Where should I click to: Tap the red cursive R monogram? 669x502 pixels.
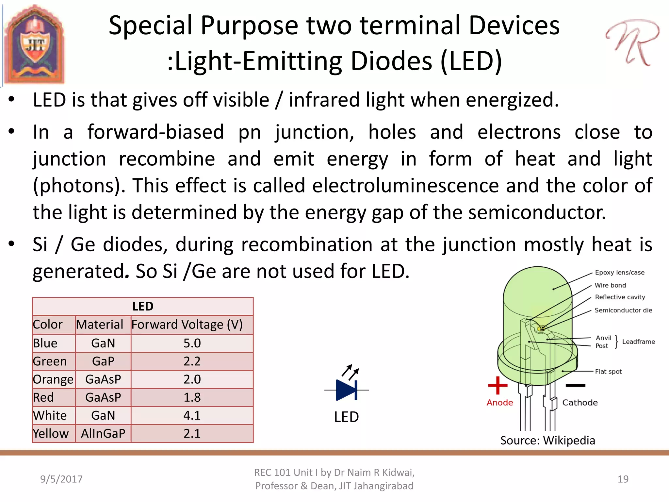(632, 42)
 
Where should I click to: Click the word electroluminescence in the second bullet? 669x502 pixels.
(405, 186)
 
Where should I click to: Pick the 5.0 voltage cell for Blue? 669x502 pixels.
(192, 343)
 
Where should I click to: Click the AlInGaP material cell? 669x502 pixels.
(103, 433)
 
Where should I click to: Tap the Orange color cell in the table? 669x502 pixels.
(53, 379)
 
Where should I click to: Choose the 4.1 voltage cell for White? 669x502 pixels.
(192, 415)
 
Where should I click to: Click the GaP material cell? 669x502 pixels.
(103, 361)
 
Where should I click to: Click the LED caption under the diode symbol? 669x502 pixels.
(346, 417)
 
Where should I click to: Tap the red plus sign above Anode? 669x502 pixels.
(498, 385)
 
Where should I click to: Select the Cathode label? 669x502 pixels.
(580, 403)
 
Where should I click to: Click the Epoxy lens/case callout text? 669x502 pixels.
(619, 273)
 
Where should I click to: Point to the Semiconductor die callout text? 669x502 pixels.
(623, 310)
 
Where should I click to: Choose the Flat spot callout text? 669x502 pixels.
(608, 372)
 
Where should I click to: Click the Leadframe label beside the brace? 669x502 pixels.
(638, 342)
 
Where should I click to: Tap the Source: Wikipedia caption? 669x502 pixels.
(547, 441)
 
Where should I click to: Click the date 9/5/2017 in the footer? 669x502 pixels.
(61, 479)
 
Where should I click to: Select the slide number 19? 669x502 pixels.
(623, 479)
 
